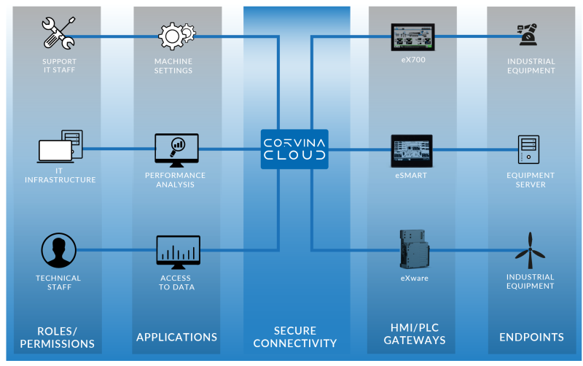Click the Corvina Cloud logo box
pos(294,149)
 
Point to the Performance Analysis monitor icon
pos(176,149)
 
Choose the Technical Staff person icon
pos(58,252)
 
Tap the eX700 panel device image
pos(412,36)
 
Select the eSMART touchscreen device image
pos(412,150)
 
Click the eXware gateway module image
pos(412,250)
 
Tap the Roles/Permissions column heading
pos(58,337)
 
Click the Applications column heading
pos(176,337)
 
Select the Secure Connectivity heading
pos(295,337)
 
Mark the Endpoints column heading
pos(531,337)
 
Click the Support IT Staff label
pos(58,66)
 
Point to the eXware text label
pos(412,278)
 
